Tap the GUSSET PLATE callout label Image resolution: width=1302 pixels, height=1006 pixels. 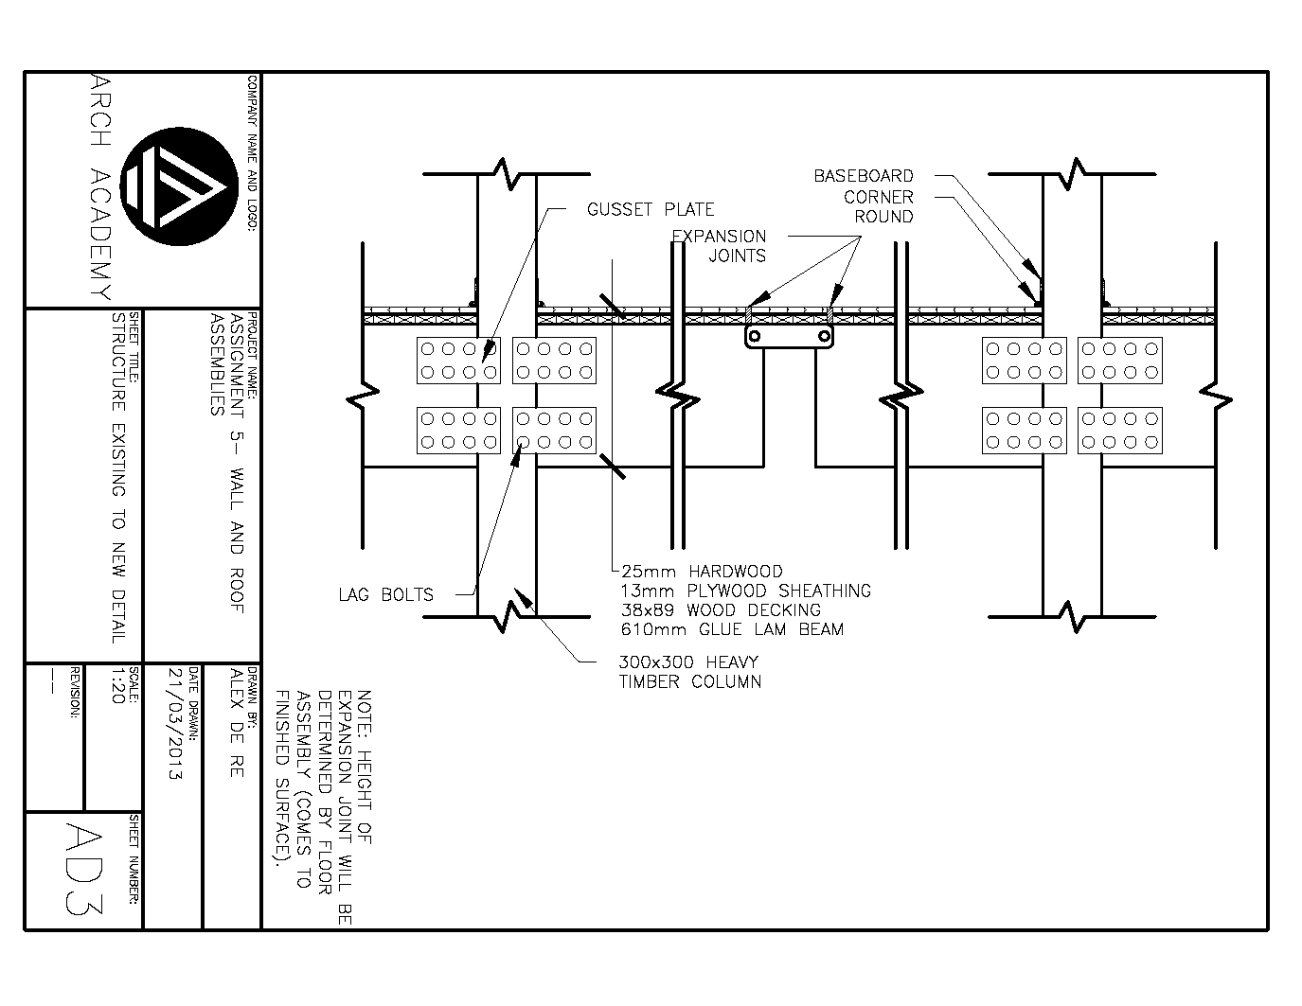coord(650,209)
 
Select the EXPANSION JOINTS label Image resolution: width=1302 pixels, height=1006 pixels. coord(719,246)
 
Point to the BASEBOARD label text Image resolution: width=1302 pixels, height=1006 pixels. coord(863,176)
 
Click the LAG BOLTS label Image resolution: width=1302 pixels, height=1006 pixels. coord(385,595)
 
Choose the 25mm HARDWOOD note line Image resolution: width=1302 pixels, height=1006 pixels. coord(702,572)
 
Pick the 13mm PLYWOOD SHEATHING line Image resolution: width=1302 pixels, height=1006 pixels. coord(745,591)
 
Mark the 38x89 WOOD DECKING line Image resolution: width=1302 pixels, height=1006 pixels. coord(721,610)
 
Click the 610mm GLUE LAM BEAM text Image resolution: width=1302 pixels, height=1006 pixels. coord(732,629)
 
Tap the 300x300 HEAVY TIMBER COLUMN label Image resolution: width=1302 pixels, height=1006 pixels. coord(689,672)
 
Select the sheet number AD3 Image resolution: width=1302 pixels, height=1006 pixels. coord(84,867)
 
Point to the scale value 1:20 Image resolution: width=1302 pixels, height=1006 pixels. coord(117,686)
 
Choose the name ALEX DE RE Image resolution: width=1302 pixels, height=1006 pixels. coord(237,723)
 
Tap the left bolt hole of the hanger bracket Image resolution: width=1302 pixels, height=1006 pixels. coord(755,336)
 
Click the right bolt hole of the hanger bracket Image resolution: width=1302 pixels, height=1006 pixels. coord(825,336)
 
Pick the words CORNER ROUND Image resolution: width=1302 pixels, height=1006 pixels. coord(878,207)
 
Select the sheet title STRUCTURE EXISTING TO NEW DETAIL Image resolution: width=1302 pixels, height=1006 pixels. coord(118,477)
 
